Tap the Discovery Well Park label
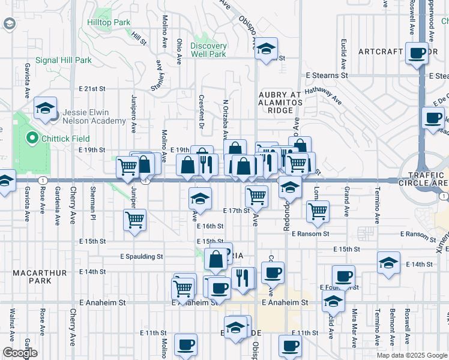(x=208, y=50)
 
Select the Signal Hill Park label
(x=63, y=60)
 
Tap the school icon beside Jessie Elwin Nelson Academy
(x=45, y=108)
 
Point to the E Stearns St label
(x=327, y=76)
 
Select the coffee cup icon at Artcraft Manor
(x=415, y=53)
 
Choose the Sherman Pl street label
(x=93, y=203)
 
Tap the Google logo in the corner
(x=19, y=353)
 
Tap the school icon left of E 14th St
(x=388, y=263)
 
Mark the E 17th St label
(x=236, y=211)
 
